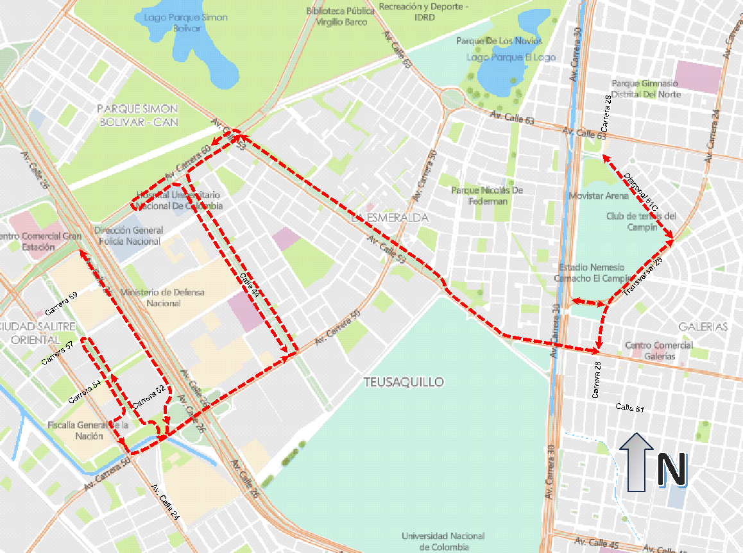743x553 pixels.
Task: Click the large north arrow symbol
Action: [x=636, y=461]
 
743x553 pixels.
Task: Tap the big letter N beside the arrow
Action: [x=672, y=469]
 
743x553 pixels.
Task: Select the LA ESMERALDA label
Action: [x=389, y=218]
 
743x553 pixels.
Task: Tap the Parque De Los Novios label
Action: [x=499, y=41]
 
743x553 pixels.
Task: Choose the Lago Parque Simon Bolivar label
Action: [x=186, y=22]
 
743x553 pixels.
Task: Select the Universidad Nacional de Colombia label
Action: [x=443, y=541]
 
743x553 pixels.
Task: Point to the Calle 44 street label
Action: [x=250, y=284]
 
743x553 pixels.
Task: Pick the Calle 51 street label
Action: [x=630, y=407]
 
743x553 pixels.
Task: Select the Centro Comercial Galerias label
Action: [x=658, y=351]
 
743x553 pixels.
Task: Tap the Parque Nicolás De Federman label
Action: [x=487, y=195]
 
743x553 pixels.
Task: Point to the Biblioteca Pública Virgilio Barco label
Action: [x=341, y=17]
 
